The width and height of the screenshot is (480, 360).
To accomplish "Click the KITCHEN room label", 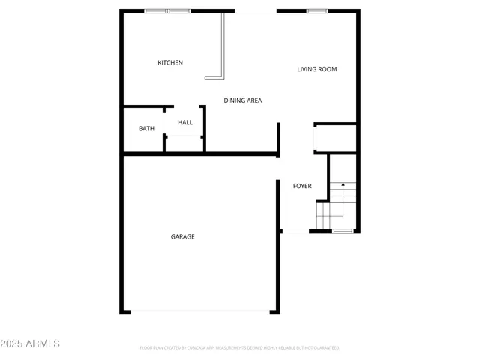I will click(x=169, y=63).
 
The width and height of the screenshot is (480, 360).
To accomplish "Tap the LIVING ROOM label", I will click(x=316, y=70).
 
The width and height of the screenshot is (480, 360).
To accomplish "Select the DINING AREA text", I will click(x=242, y=100).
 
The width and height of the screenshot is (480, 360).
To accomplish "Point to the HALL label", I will click(x=184, y=122).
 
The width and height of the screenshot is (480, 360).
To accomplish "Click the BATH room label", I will click(x=146, y=129).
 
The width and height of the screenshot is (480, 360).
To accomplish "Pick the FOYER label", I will click(x=301, y=186).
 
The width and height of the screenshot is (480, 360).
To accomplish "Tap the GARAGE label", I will click(x=182, y=237).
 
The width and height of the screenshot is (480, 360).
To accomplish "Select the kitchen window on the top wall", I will click(x=167, y=11).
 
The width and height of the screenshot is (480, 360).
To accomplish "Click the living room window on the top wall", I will click(x=316, y=11).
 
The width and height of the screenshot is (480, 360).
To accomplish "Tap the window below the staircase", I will click(x=343, y=231).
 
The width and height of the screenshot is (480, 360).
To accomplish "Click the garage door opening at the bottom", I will click(x=199, y=311).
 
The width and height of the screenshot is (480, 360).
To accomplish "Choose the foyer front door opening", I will click(x=295, y=231).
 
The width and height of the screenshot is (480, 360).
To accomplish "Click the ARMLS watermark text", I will click(x=42, y=343).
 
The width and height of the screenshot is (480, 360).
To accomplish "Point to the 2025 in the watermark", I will click(x=12, y=343).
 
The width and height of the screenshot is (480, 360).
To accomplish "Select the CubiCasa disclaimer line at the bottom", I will click(x=239, y=348).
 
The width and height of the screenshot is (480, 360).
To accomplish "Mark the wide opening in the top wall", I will click(x=255, y=12).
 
